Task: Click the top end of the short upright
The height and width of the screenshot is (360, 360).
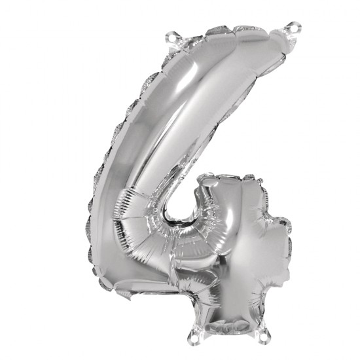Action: point(226,181)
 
